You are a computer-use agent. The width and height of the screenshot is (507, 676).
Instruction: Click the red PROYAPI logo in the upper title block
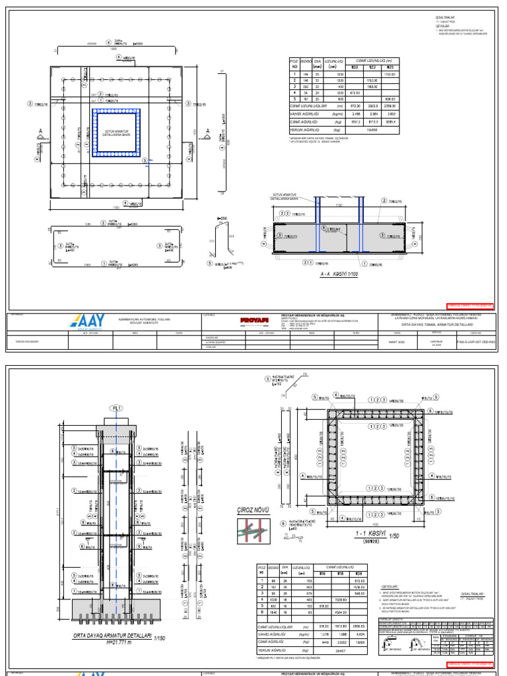click(221, 320)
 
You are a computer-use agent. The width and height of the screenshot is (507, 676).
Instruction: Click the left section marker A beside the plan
click(41, 130)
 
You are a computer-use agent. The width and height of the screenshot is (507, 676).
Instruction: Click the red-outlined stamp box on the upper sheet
click(469, 306)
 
